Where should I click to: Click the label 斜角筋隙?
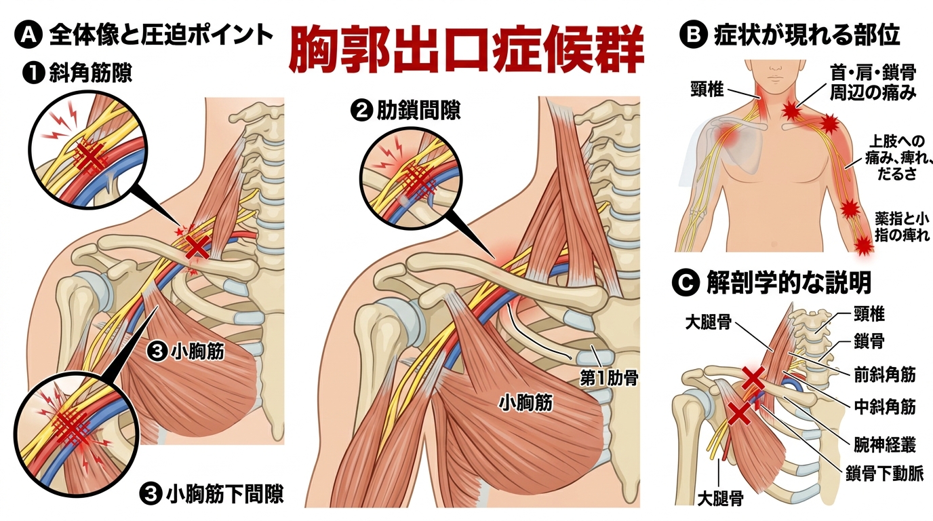[90, 73]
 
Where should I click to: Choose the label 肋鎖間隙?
[418, 111]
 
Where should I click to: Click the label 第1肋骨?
[610, 379]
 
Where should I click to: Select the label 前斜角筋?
[885, 374]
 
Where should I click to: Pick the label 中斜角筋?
[885, 406]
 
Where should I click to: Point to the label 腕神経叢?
[885, 444]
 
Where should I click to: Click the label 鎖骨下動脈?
[885, 473]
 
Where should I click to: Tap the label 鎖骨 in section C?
[869, 342]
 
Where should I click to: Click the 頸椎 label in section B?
[707, 89]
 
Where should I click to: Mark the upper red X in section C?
[753, 379]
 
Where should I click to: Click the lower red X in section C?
[739, 414]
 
